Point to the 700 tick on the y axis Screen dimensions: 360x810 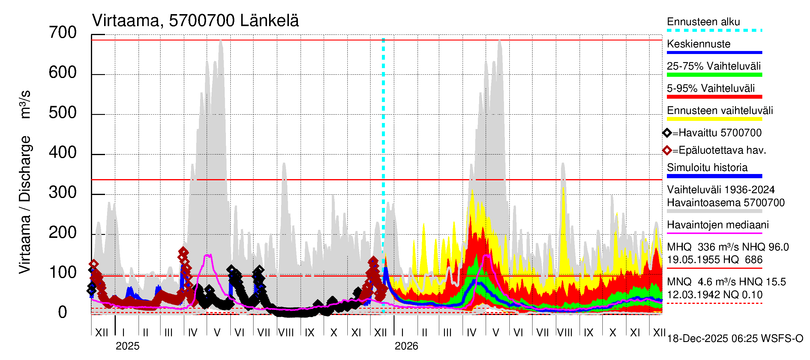(x=63, y=33)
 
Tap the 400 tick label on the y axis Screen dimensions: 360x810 (x=63, y=153)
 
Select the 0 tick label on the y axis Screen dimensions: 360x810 (x=63, y=313)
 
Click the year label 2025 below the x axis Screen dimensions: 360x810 (x=127, y=346)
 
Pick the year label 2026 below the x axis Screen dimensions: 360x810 (x=406, y=346)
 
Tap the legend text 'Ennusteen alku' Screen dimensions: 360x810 (x=703, y=22)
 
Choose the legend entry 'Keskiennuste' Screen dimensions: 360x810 (x=698, y=44)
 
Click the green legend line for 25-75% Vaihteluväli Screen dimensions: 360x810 (x=714, y=75)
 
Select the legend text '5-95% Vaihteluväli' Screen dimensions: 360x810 (x=710, y=88)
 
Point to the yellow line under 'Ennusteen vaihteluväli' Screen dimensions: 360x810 (x=714, y=119)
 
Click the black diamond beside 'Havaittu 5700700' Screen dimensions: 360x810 (x=667, y=133)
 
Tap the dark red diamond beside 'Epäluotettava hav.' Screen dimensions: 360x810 (x=667, y=151)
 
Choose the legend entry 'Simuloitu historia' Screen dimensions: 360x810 (x=707, y=168)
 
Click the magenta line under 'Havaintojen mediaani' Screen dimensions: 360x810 (x=714, y=233)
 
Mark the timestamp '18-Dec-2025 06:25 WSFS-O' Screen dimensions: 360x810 (x=735, y=339)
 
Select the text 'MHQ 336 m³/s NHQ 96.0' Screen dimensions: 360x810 (x=727, y=247)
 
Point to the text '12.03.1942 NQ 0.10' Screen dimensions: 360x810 (x=714, y=295)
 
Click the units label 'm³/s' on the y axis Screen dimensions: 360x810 (x=25, y=104)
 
